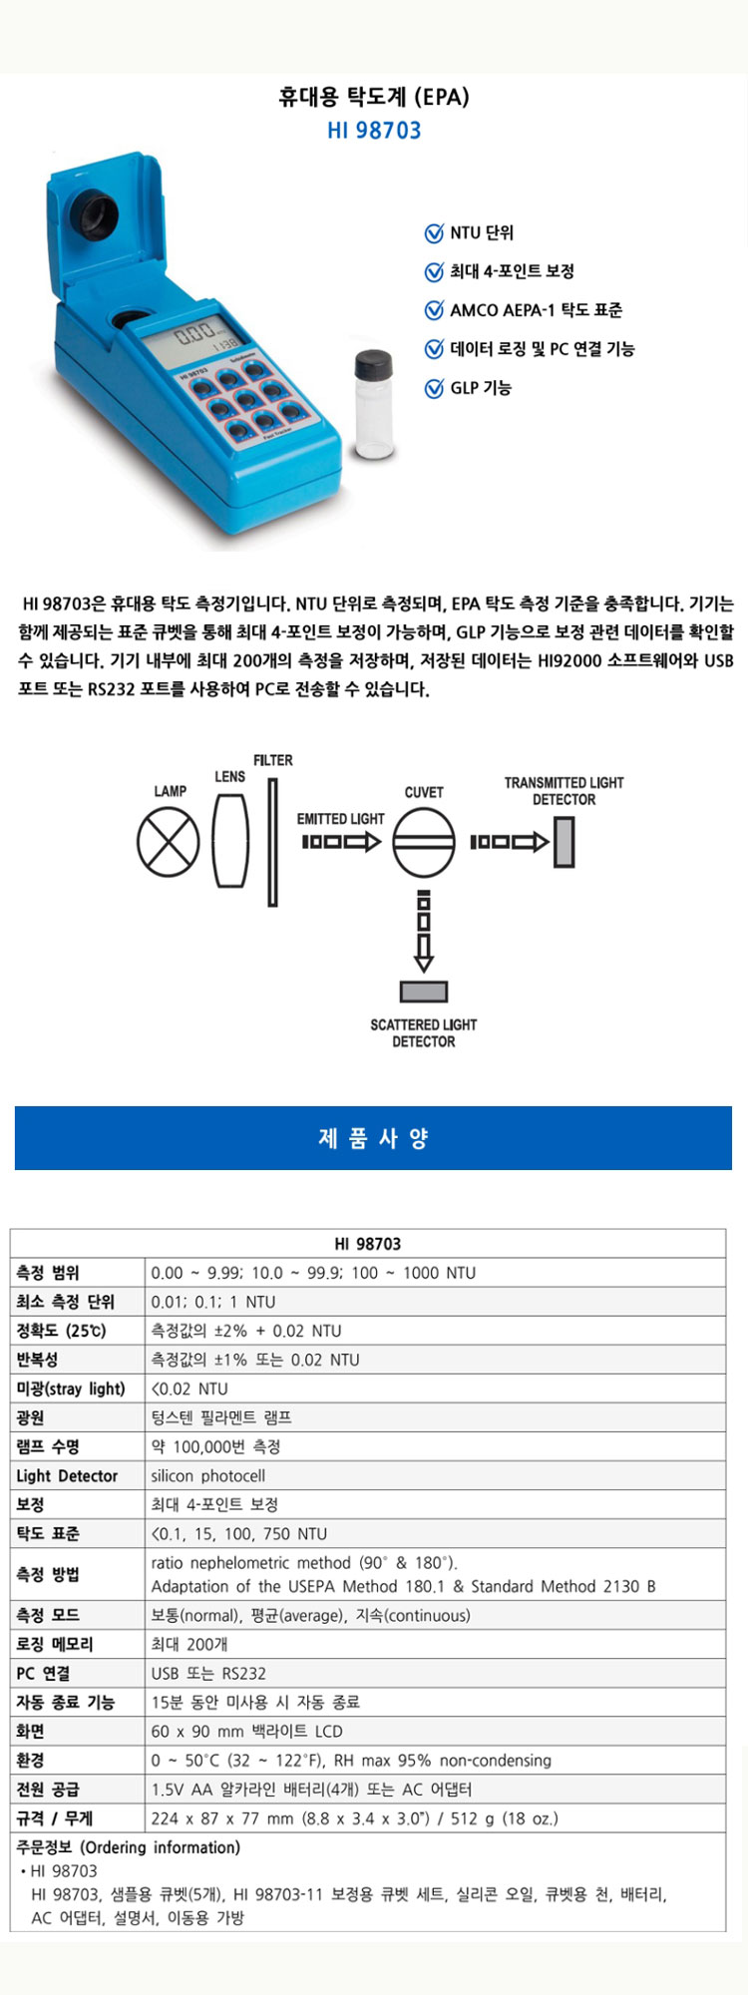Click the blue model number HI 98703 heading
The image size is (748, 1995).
click(374, 131)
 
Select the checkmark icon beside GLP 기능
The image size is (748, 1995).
click(434, 388)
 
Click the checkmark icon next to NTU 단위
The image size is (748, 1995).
click(434, 233)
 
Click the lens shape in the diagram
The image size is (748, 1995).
click(229, 841)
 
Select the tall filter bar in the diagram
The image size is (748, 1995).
click(272, 842)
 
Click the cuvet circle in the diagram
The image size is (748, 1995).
click(424, 842)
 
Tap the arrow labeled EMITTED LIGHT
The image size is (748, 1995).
click(341, 842)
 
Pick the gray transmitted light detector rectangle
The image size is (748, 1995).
click(564, 842)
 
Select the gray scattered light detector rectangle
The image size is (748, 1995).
click(424, 992)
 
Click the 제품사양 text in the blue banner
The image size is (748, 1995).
click(373, 1138)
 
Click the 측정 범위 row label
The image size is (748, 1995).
click(48, 1273)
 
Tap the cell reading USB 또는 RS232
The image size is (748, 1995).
click(208, 1674)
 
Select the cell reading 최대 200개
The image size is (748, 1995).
click(189, 1644)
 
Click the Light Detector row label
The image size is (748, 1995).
click(67, 1475)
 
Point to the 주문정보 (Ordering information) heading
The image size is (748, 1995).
click(129, 1847)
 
